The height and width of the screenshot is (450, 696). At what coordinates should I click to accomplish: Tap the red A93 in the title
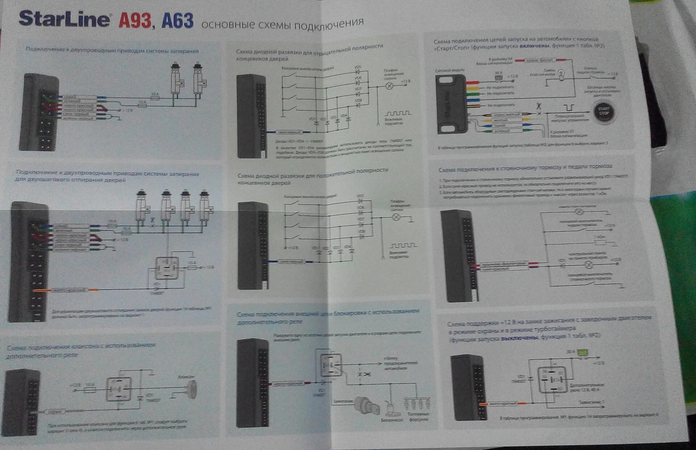[134, 21]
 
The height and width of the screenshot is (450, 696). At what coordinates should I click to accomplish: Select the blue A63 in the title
[177, 21]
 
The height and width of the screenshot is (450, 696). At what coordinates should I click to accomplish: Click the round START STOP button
[604, 111]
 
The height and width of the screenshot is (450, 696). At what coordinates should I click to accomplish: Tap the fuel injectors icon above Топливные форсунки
[417, 403]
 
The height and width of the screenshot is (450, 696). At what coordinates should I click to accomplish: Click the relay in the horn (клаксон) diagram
[119, 389]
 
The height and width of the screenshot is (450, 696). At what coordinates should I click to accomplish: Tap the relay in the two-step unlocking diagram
[167, 268]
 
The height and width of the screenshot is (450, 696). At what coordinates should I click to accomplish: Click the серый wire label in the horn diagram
[55, 412]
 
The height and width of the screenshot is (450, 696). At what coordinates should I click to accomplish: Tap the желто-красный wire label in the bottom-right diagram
[502, 403]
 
